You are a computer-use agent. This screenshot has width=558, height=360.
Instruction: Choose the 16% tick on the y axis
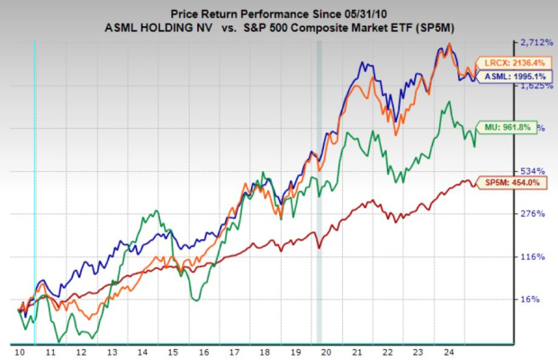click(531, 300)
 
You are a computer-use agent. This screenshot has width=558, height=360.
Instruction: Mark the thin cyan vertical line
click(34, 180)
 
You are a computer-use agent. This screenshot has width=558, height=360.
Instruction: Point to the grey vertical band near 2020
click(319, 180)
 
